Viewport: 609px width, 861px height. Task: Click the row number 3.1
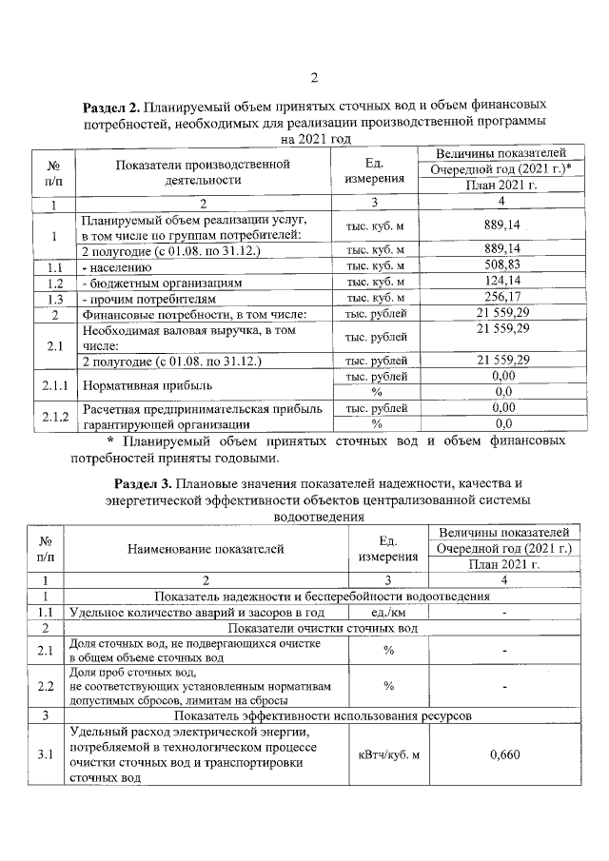(x=45, y=754)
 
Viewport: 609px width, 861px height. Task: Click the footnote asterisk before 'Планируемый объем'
(x=110, y=441)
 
